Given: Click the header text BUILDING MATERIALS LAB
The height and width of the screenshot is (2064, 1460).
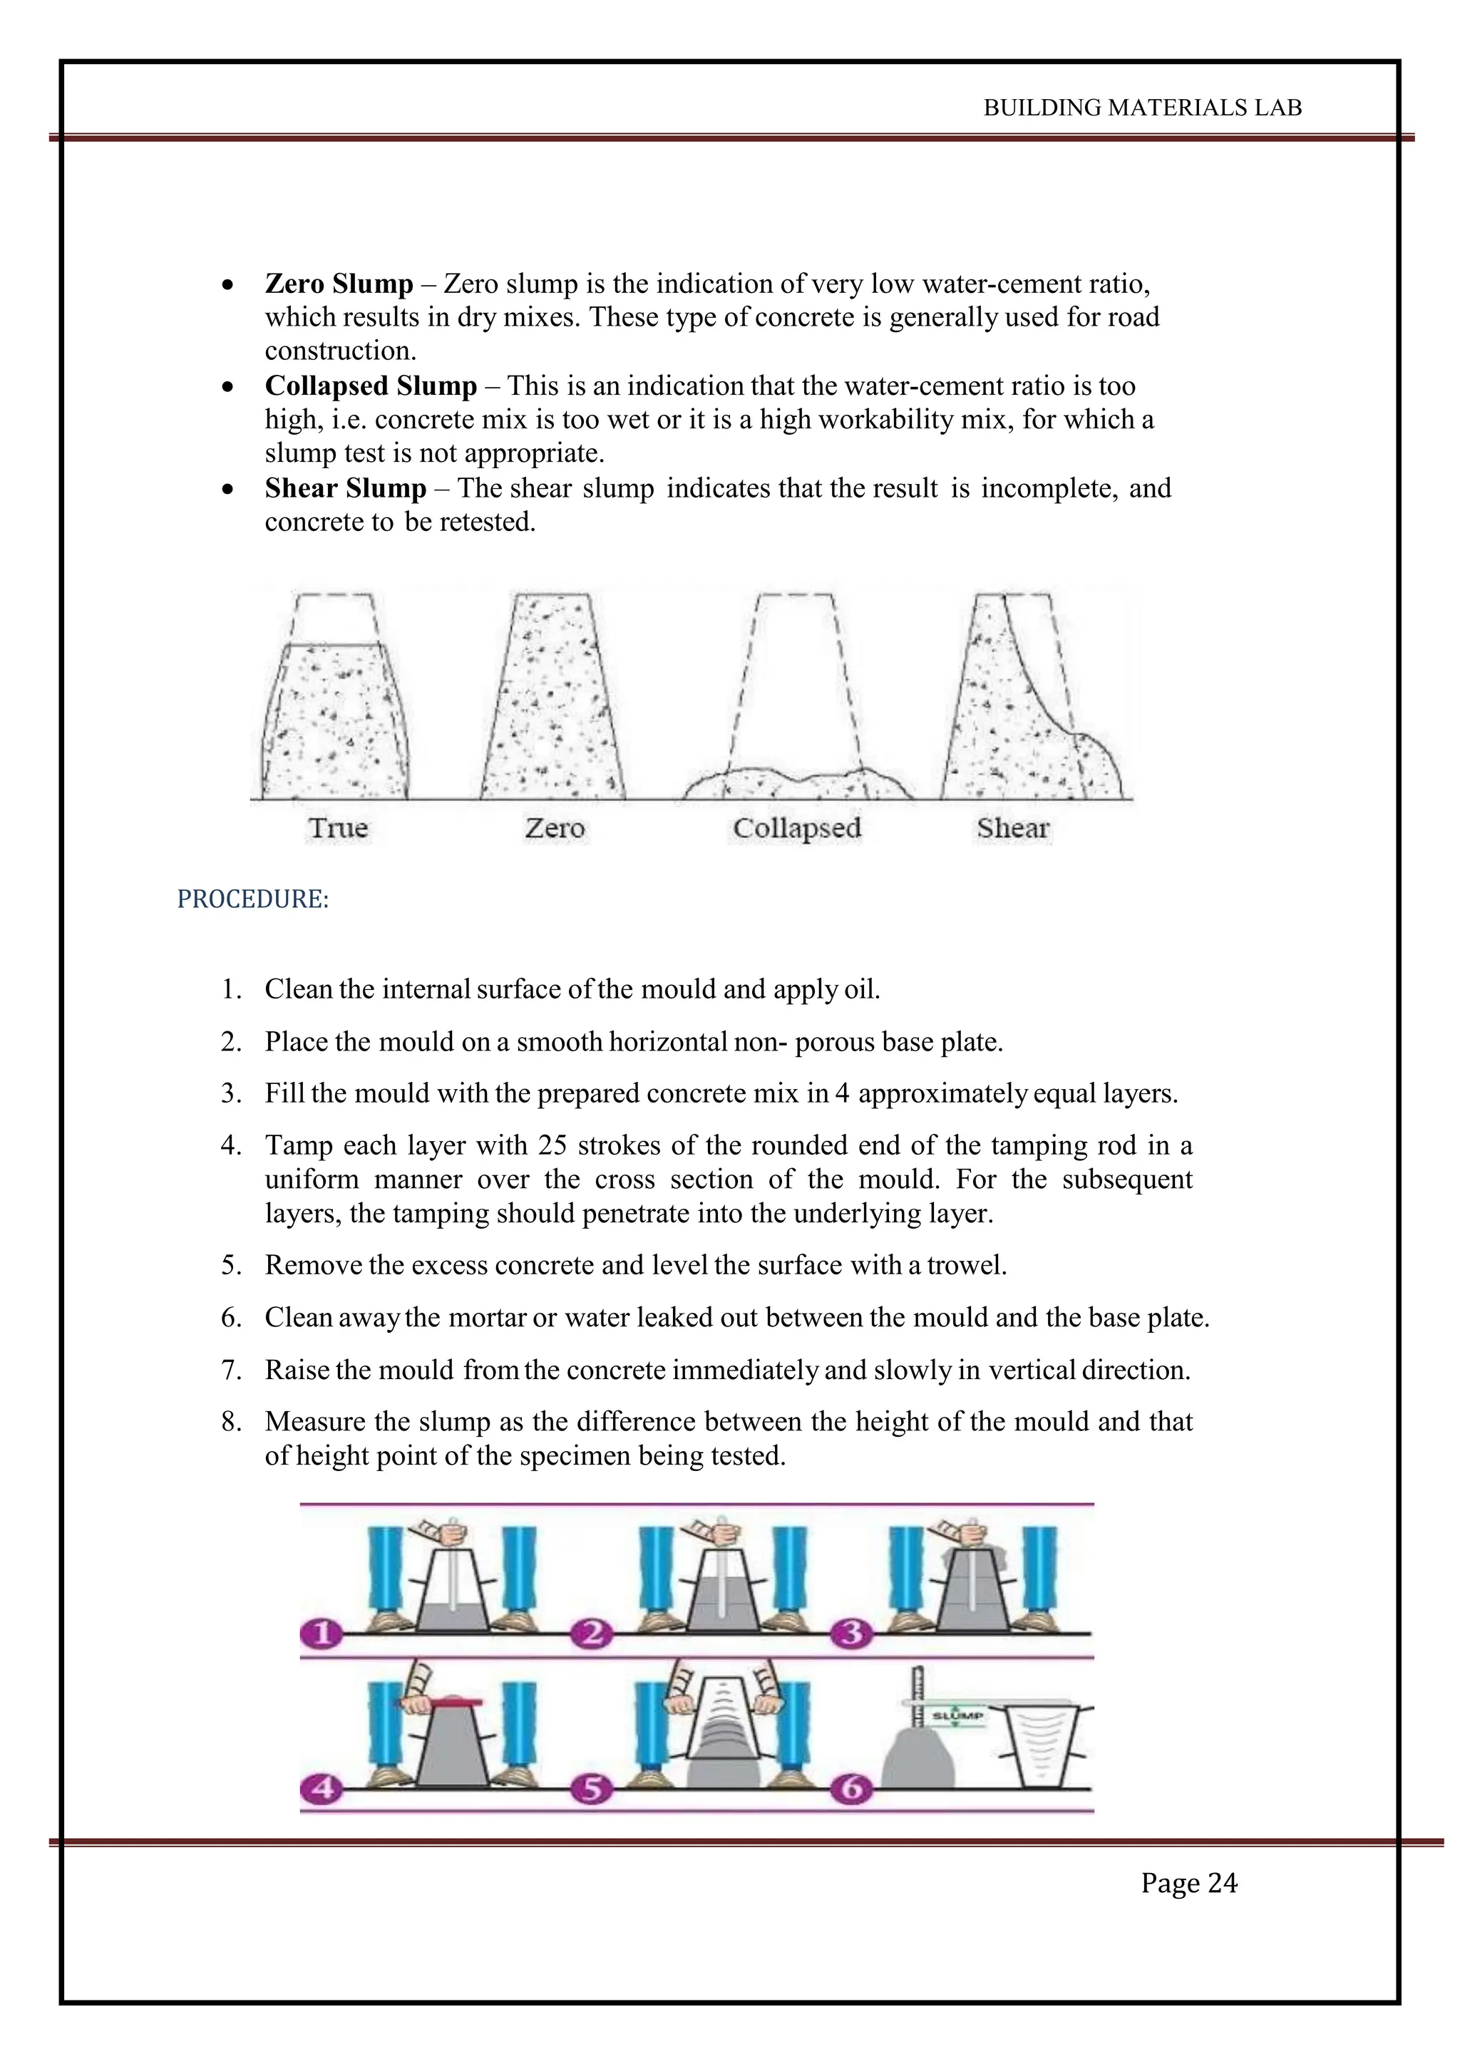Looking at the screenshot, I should (1142, 108).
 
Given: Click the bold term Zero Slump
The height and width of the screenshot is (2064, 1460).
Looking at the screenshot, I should (339, 284).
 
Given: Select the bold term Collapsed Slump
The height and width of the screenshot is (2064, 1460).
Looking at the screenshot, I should (371, 386).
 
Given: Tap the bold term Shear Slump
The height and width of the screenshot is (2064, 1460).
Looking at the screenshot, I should (345, 489).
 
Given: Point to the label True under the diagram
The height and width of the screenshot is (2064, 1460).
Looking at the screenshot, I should (338, 828).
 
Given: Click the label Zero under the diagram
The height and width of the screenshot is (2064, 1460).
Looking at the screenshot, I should (555, 828).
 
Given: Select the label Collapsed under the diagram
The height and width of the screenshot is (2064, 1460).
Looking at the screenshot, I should (796, 828).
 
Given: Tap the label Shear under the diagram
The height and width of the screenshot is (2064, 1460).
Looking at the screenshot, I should (1013, 828).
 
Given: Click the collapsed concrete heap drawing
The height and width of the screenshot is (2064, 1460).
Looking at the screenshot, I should (796, 783).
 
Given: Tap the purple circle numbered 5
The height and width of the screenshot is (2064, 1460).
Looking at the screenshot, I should (591, 1788).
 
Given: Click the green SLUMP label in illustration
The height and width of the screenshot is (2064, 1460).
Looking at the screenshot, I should (957, 1715).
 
